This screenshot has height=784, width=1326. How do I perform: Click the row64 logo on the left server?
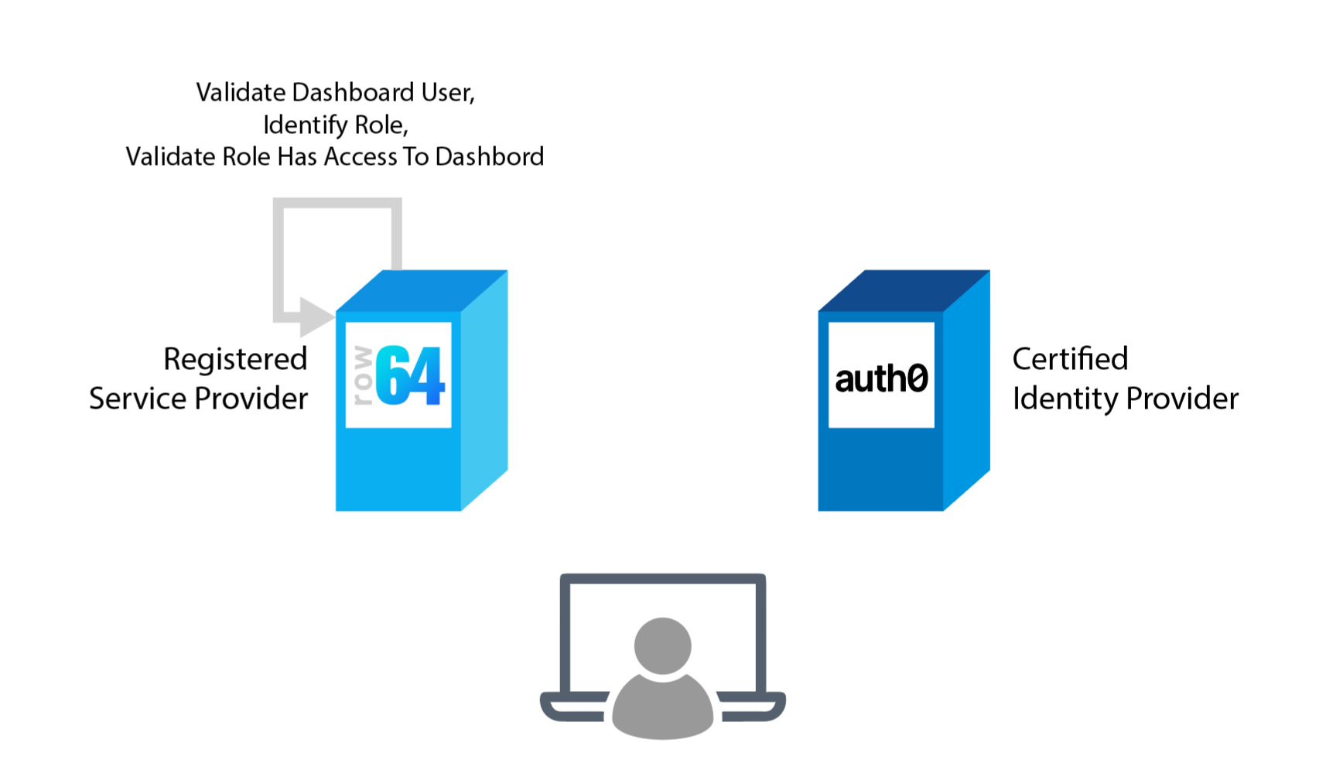tap(398, 375)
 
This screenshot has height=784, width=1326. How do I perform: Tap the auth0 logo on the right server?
tap(881, 377)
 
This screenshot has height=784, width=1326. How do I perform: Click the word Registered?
tap(235, 359)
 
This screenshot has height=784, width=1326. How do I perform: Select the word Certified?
tap(1070, 359)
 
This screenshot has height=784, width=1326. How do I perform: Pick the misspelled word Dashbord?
tap(489, 156)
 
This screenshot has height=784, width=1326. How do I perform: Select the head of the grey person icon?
tap(662, 645)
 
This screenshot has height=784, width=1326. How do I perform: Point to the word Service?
tap(138, 399)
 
